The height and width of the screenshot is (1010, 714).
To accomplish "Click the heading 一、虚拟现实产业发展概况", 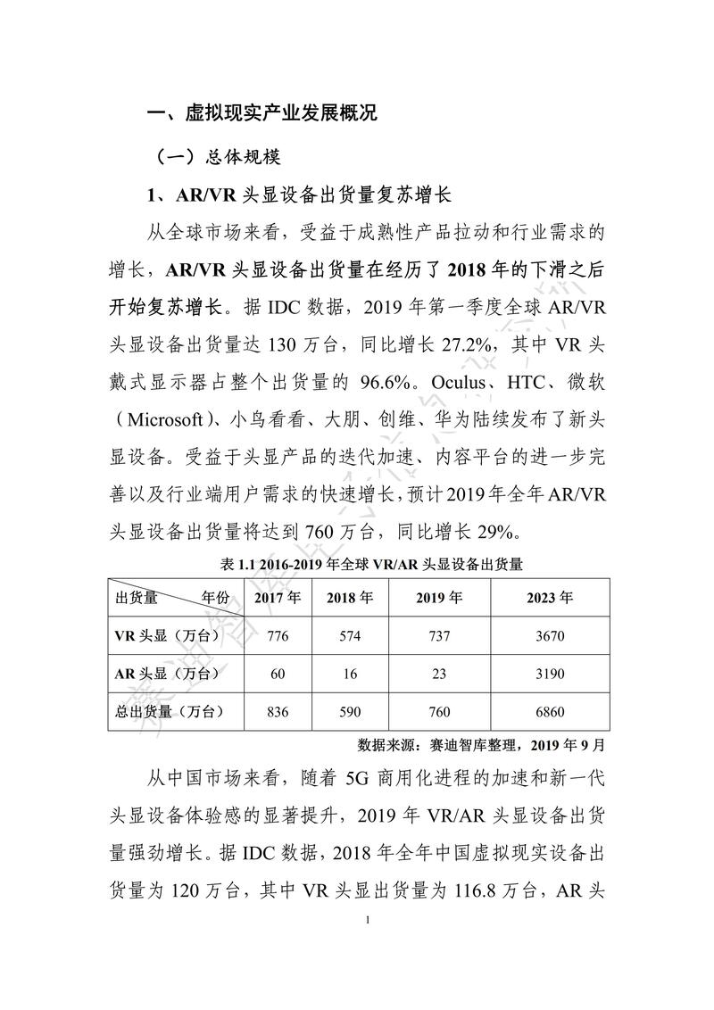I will point(262,113).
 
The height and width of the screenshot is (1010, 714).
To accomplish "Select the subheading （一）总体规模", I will point(219,157).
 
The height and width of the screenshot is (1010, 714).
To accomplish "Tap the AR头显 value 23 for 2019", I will point(439,675).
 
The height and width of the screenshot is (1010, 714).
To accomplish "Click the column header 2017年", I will point(277,598).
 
